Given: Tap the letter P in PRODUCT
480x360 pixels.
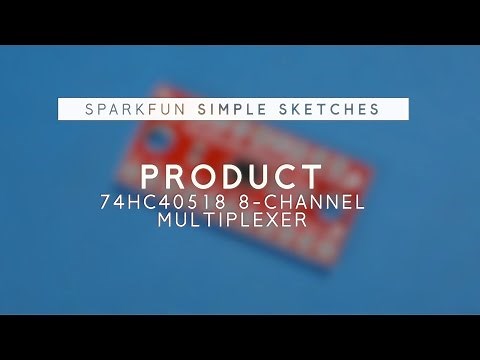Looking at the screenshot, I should [x=150, y=176].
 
